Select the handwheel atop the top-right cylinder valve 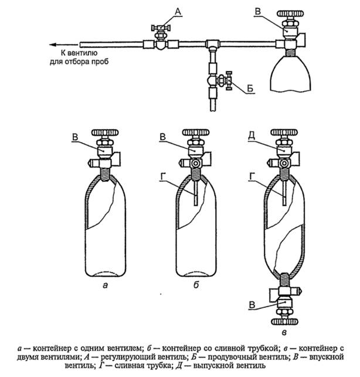[290, 13]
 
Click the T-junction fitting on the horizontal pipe [212, 44]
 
